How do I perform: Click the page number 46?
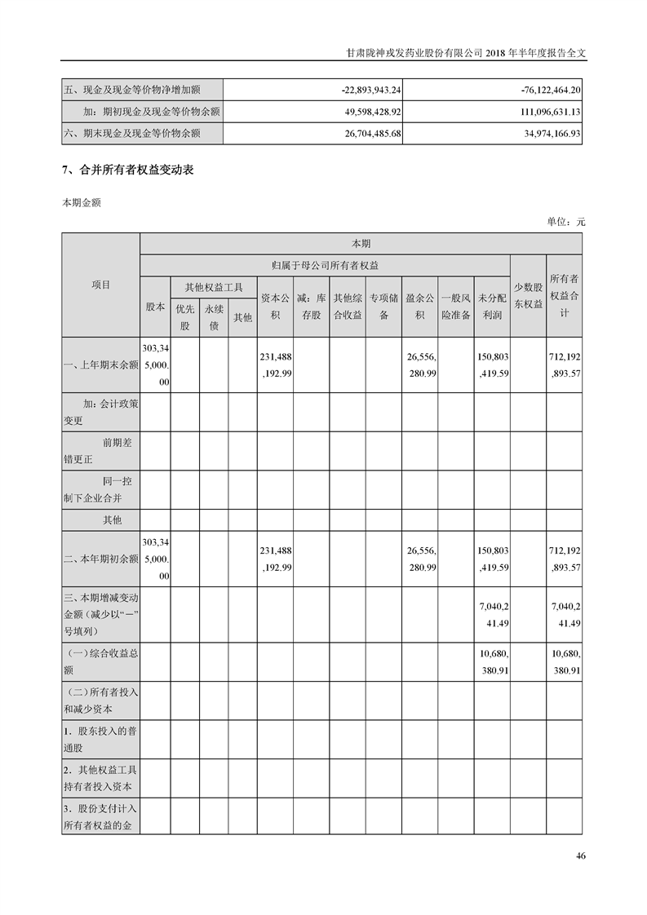tap(580, 855)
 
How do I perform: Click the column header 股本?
tap(155, 307)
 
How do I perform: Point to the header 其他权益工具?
tap(214, 287)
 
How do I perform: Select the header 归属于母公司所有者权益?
tap(325, 265)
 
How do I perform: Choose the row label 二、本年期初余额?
tap(100, 559)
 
